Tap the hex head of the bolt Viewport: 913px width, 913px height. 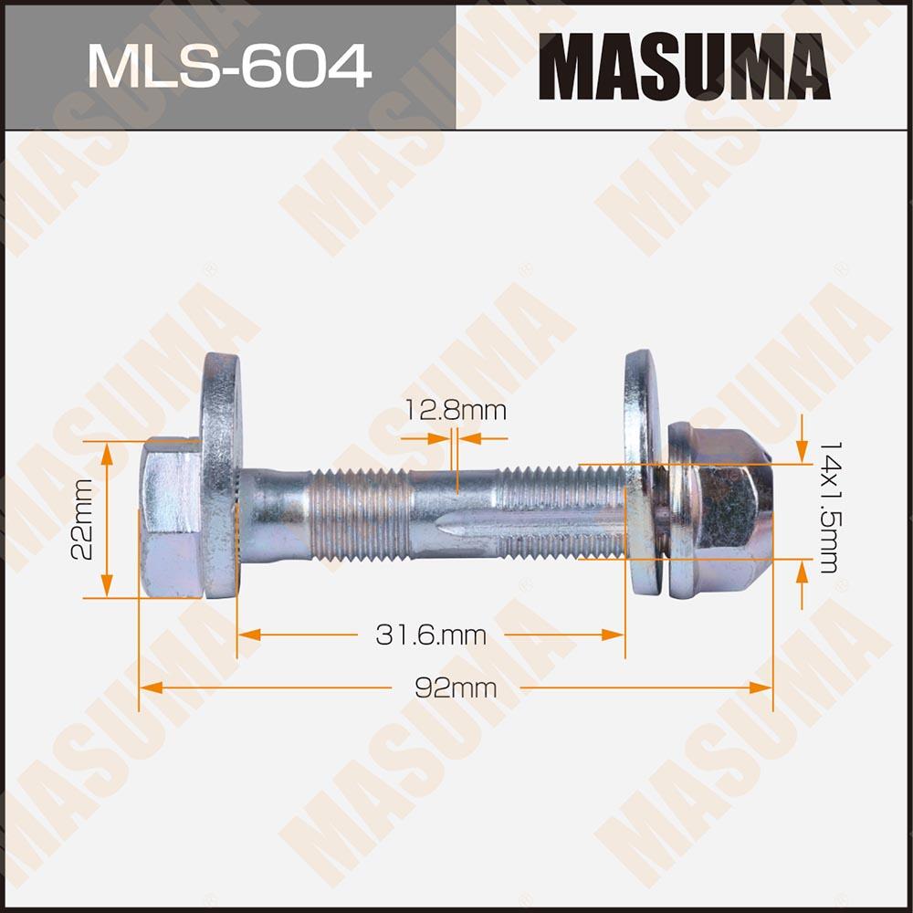pyautogui.click(x=171, y=519)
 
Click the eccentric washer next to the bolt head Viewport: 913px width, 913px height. pyautogui.click(x=222, y=475)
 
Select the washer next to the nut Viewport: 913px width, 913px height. pyautogui.click(x=642, y=475)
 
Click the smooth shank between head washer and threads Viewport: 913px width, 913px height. pyautogui.click(x=278, y=516)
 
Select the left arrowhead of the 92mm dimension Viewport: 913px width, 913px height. pyautogui.click(x=148, y=687)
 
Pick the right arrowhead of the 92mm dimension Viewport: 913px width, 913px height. pyautogui.click(x=761, y=687)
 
